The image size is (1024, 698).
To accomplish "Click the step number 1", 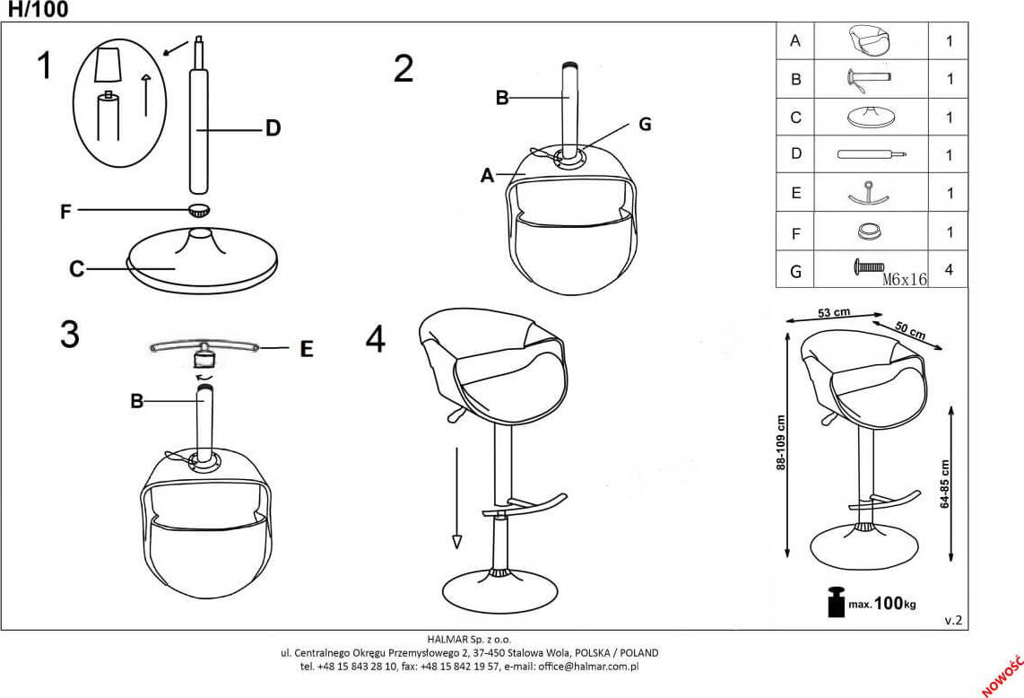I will click(44, 65).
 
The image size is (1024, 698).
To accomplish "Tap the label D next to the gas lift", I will click(273, 128).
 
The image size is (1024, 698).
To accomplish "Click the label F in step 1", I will click(65, 212).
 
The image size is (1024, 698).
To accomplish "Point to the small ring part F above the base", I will click(199, 211).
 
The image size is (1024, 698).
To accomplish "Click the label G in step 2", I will click(644, 125).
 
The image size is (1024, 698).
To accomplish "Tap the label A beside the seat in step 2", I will click(487, 176).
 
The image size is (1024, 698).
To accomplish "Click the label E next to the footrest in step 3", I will click(307, 350).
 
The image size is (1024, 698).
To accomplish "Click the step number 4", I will click(376, 339).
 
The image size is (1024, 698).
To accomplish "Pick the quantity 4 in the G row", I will click(949, 270).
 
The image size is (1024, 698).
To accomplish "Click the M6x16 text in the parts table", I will click(904, 279).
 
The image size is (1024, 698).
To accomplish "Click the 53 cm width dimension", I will click(834, 312).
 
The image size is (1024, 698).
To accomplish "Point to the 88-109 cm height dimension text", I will click(781, 443).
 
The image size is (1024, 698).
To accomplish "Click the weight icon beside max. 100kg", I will click(836, 601).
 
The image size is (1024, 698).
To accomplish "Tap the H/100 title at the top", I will click(38, 10).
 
